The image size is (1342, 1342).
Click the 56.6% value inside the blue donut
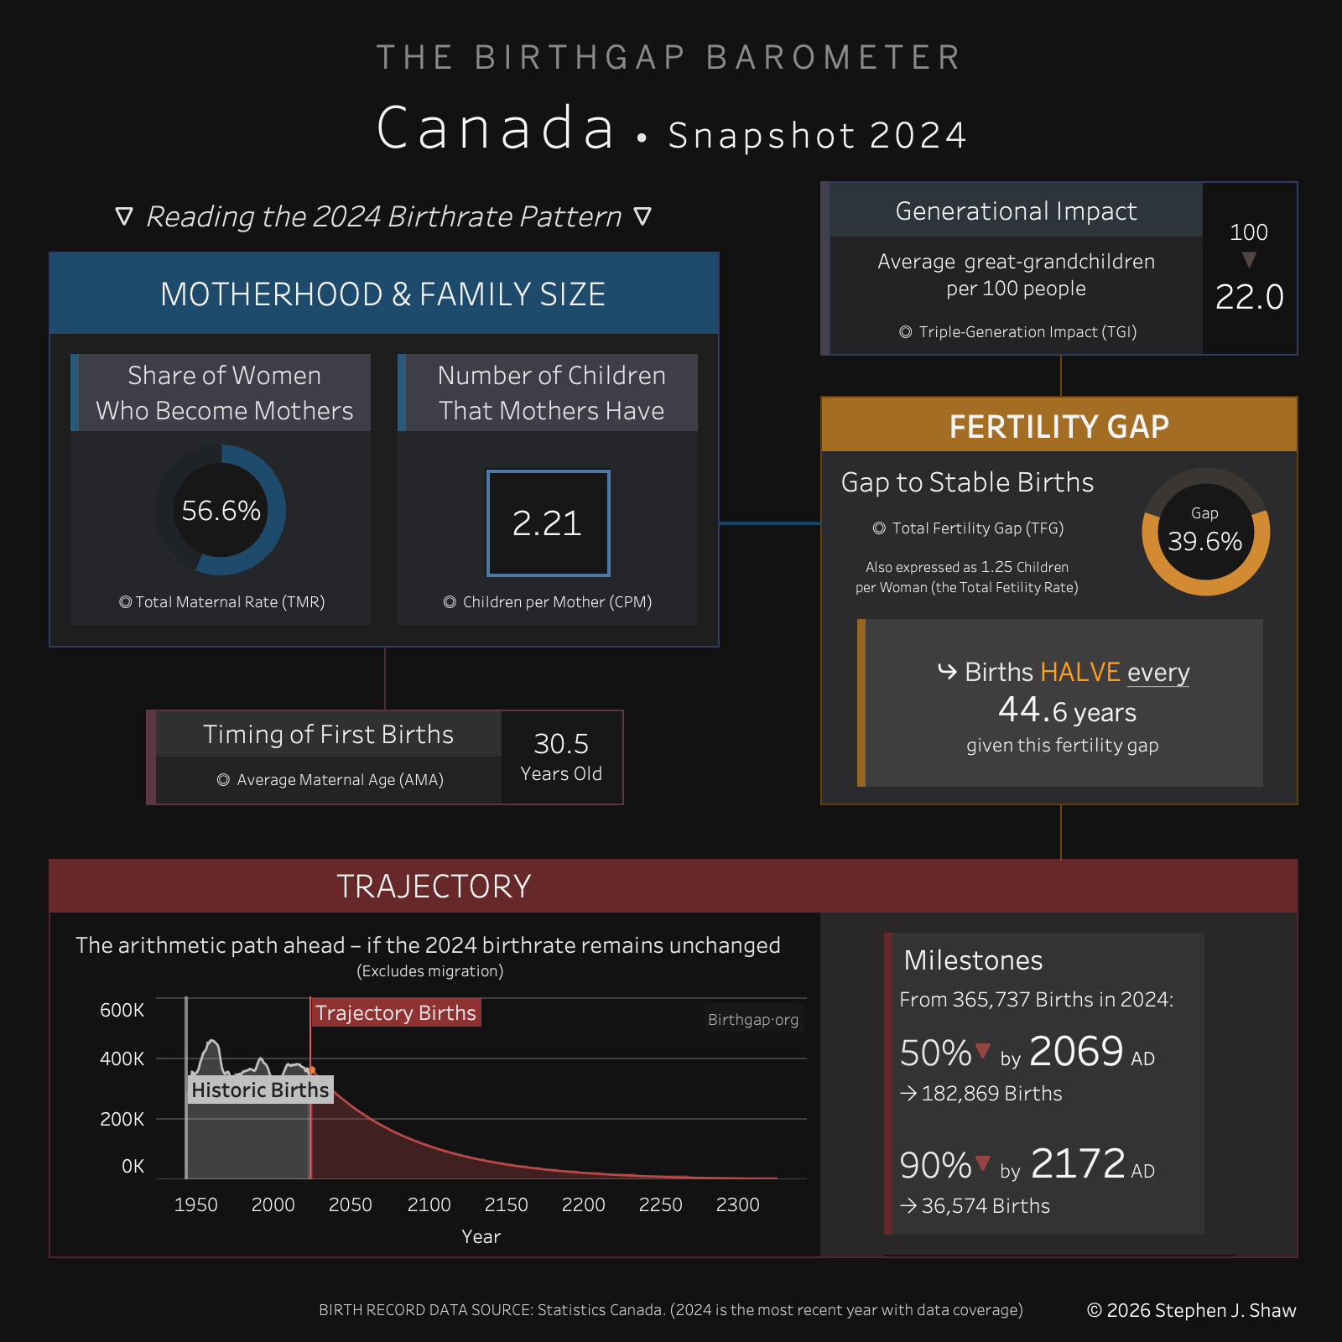tap(221, 510)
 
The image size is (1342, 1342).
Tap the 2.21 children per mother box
tap(548, 523)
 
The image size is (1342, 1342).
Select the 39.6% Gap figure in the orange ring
tap(1205, 541)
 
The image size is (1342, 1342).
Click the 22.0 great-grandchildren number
tap(1249, 297)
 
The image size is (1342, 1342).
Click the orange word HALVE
tap(1080, 672)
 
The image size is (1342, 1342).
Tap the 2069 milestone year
tap(1076, 1051)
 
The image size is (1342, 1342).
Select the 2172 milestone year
tap(1078, 1163)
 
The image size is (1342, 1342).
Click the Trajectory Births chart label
tap(395, 1013)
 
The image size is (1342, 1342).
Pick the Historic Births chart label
tap(260, 1090)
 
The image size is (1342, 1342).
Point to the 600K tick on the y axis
tap(122, 1010)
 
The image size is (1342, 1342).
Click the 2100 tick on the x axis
tap(429, 1204)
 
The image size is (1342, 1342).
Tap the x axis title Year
tap(481, 1236)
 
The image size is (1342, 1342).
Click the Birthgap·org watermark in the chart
tap(752, 1020)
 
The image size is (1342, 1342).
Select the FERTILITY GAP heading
tap(1059, 426)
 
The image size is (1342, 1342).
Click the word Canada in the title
tap(496, 128)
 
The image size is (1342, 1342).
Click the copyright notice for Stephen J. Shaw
tap(1191, 1310)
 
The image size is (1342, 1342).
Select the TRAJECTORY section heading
tap(434, 887)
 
